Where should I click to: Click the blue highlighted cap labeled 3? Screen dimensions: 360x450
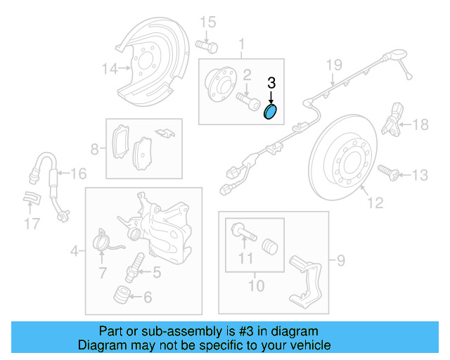(271, 112)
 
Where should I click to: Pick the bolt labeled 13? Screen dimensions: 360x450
(387, 172)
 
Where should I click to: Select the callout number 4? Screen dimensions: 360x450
(74, 250)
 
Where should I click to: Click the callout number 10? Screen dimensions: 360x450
(256, 285)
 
